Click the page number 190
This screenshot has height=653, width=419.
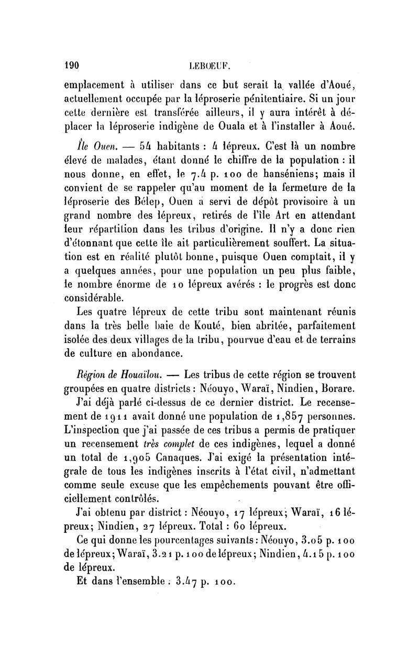click(x=71, y=66)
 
